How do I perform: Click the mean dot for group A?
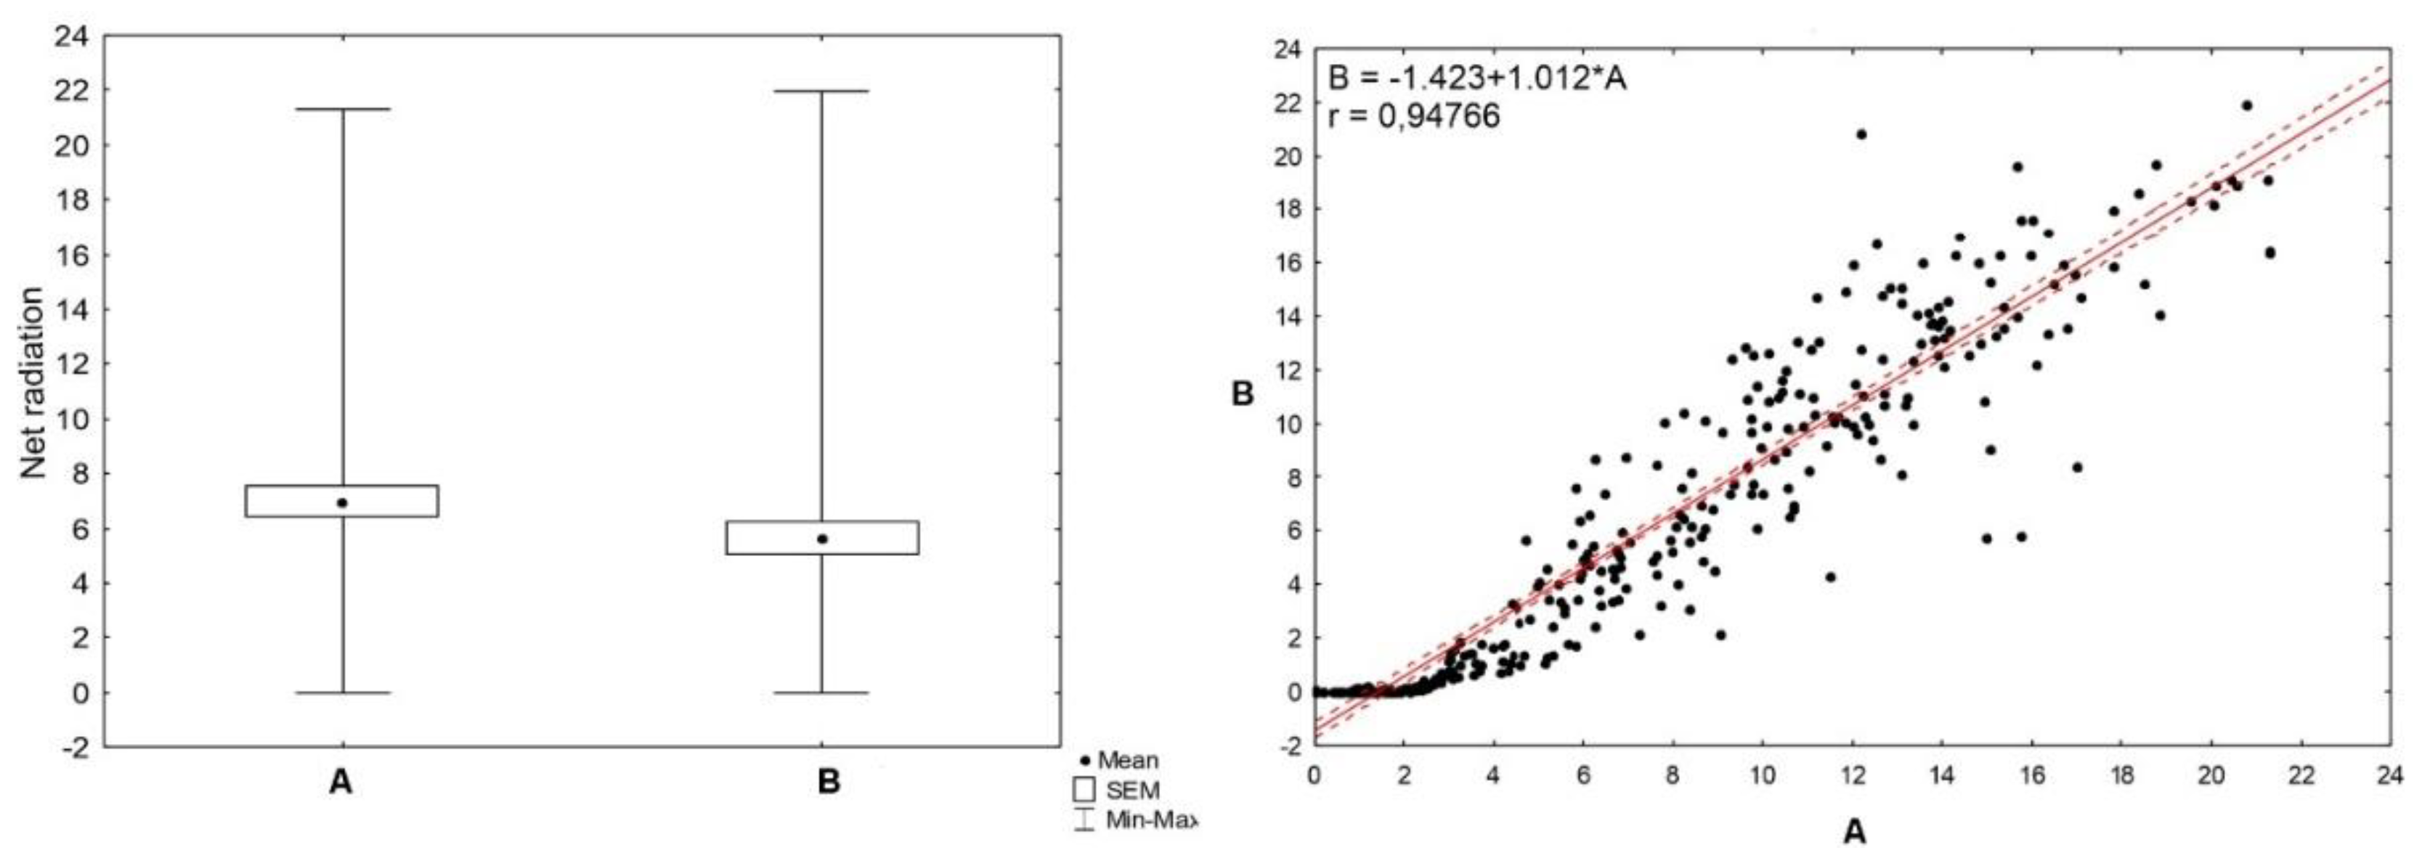[343, 503]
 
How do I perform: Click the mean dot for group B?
[823, 539]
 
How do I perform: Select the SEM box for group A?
[283, 501]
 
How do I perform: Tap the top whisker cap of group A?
[343, 110]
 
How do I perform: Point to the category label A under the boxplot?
[341, 782]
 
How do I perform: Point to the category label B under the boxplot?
[828, 782]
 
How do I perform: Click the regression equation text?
[1477, 78]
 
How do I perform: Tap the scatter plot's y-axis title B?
[1243, 393]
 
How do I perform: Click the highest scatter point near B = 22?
[2246, 106]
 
